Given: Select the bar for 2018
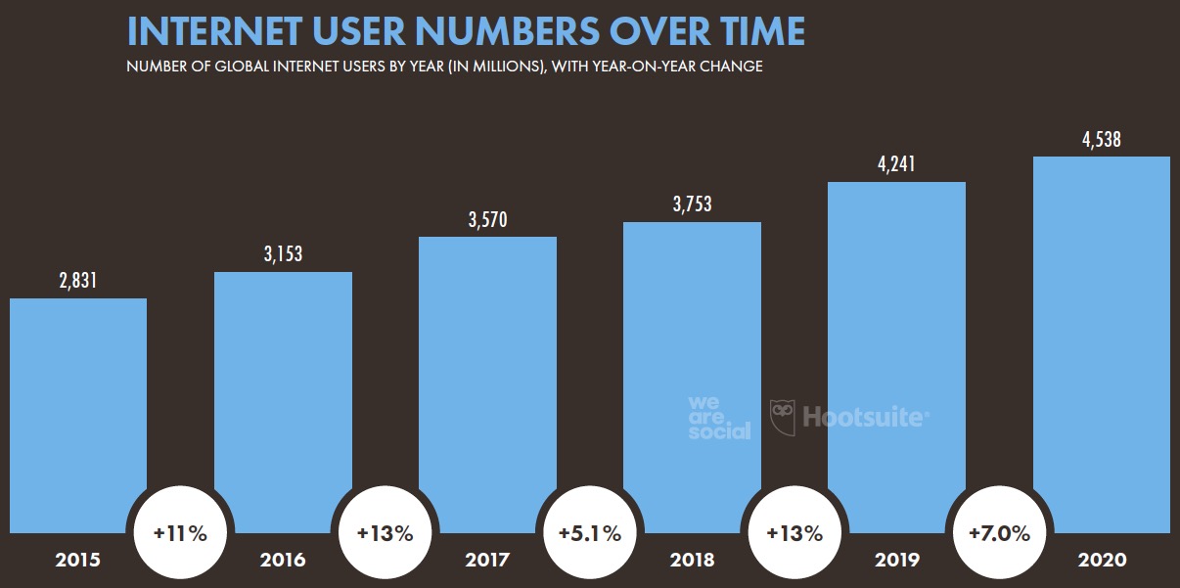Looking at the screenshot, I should point(692,372).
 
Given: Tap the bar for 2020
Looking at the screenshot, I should point(1102,342).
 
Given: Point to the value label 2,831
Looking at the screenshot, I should point(78,282).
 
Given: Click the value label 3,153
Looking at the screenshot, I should point(283,255).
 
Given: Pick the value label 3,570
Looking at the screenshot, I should point(487,220).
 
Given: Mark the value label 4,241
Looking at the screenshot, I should point(896,165).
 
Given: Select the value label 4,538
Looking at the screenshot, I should point(1102,140).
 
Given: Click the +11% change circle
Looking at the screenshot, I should point(179,534).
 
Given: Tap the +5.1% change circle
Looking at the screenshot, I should point(589,534).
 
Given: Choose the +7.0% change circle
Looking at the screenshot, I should point(999,534).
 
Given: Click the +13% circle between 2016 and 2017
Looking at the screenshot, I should point(385,534).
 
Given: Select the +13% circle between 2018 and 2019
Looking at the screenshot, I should point(794,534).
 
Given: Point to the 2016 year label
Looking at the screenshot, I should point(283,561).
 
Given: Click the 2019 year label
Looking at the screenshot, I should point(896,561).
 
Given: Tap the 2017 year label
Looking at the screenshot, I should point(487,561).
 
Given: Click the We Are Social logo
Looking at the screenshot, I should point(719,418).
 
